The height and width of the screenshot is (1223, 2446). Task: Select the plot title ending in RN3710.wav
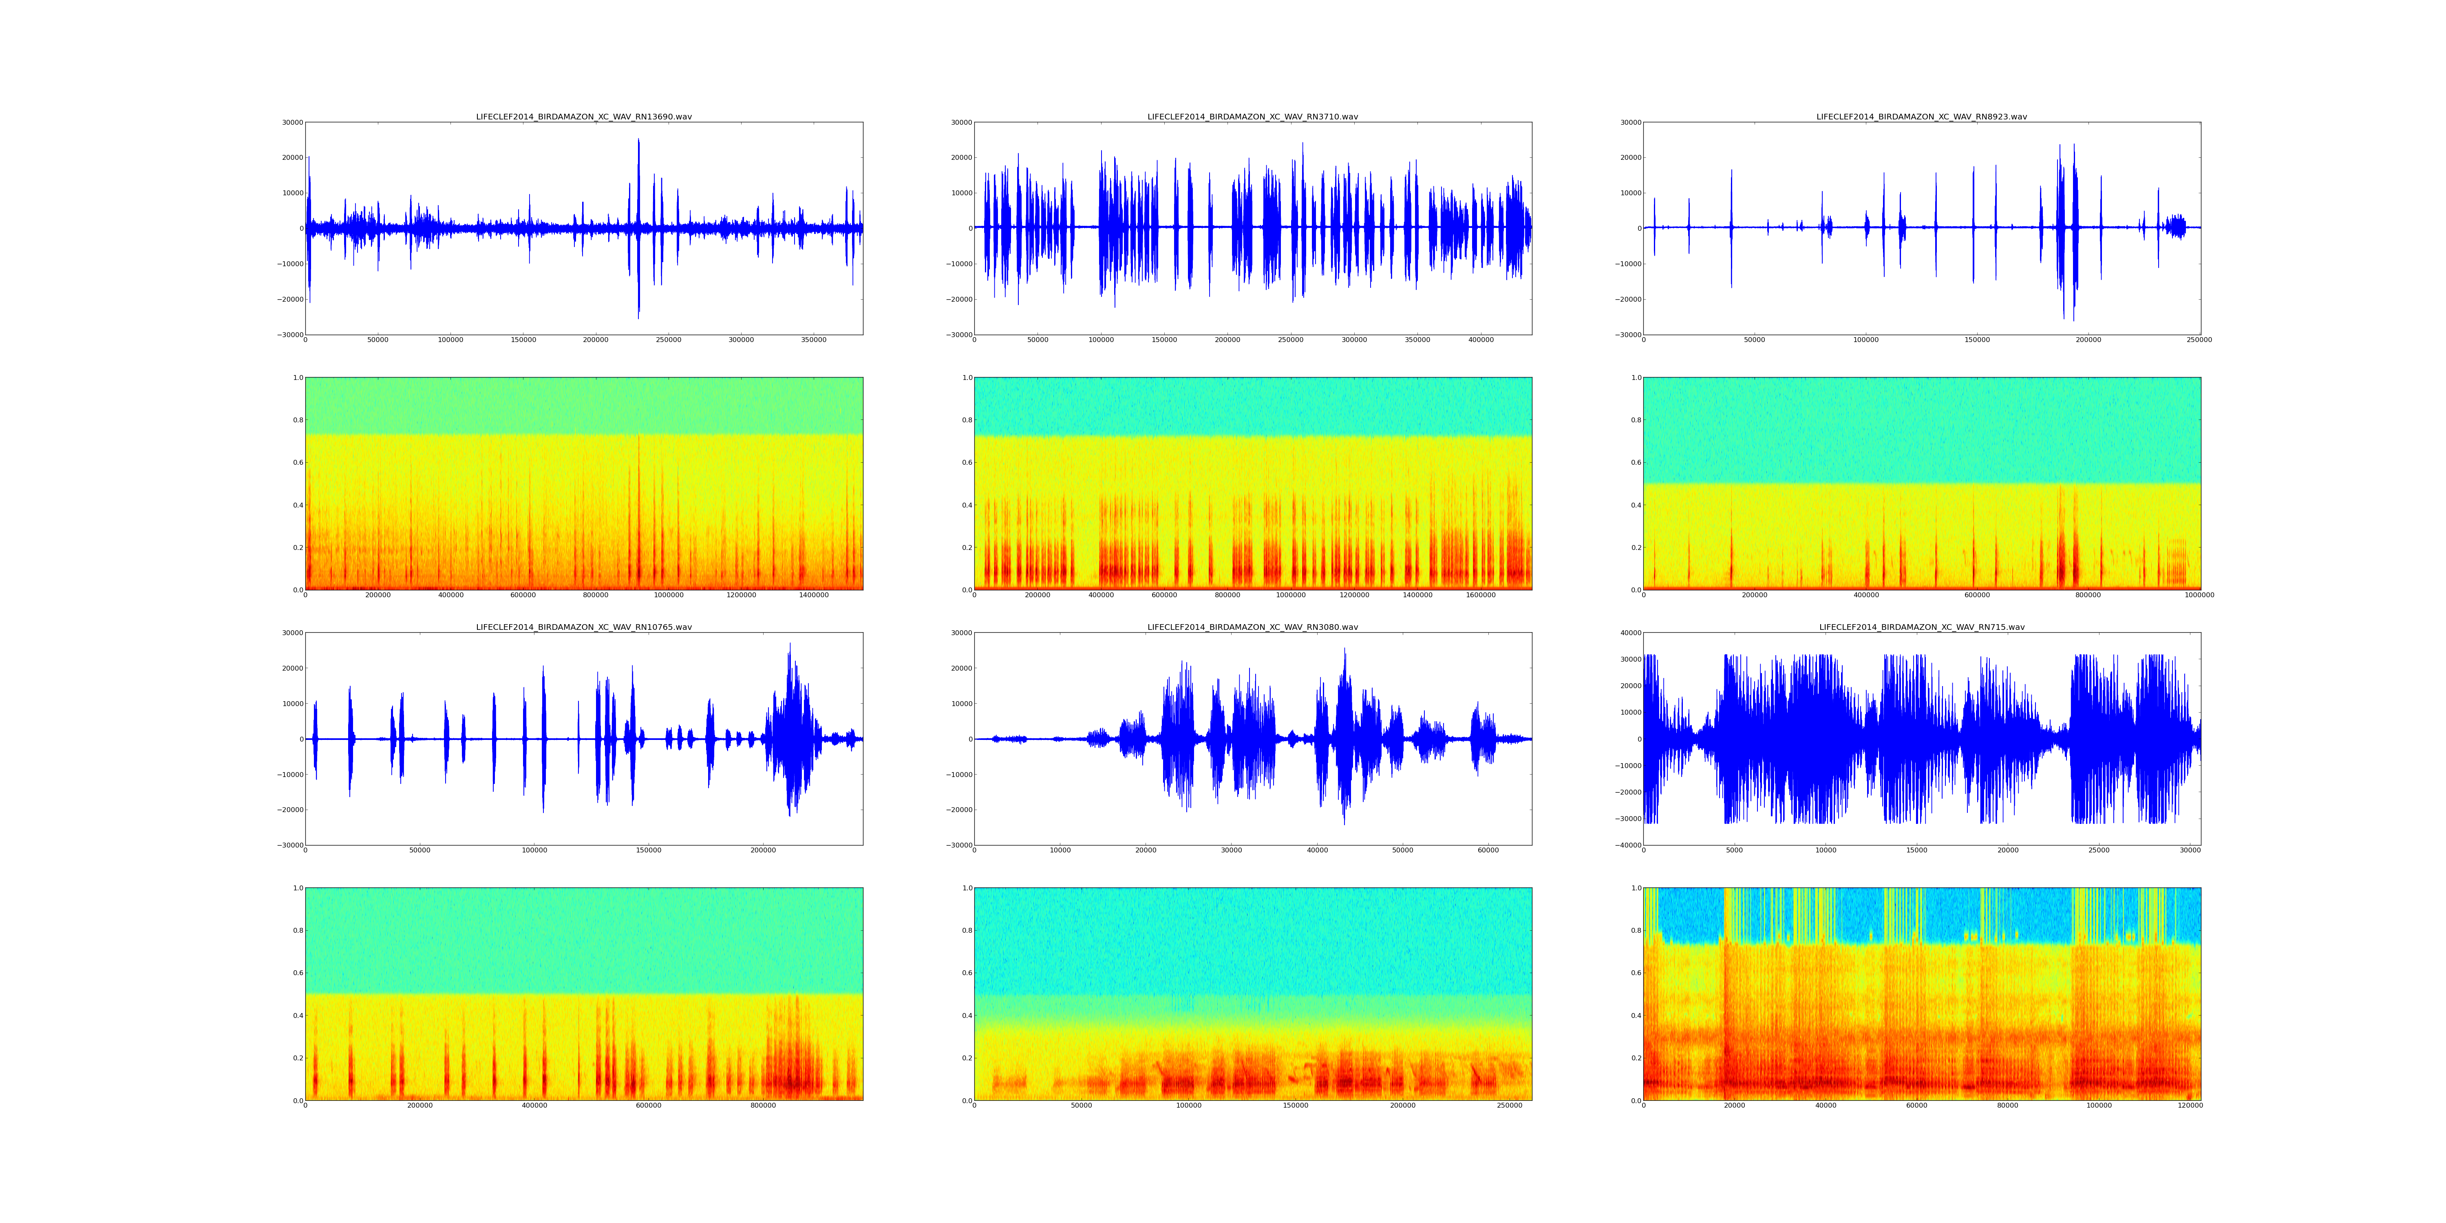[x=1252, y=117]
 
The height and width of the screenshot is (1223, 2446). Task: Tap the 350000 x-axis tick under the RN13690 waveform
[x=814, y=340]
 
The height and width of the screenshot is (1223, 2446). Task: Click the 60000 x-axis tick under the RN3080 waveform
[x=1488, y=850]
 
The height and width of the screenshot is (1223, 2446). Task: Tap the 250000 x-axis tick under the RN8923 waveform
[x=2199, y=340]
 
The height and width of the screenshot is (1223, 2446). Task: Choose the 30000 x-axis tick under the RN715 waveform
[x=2190, y=850]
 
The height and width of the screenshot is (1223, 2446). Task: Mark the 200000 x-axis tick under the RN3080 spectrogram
[x=1402, y=1105]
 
